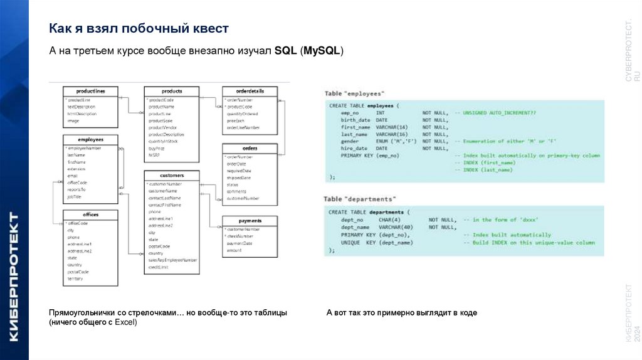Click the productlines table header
tap(90, 92)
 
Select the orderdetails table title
tap(250, 92)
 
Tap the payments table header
tap(250, 221)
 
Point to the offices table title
tap(90, 214)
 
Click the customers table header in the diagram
tap(172, 175)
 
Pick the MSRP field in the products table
tap(155, 154)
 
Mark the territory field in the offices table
tap(76, 279)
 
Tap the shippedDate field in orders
tap(239, 177)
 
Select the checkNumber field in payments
tap(239, 236)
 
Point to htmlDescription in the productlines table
tap(82, 114)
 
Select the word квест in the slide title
tap(210, 29)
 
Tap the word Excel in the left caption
tap(124, 322)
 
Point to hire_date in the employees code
tap(355, 148)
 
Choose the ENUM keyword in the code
tap(383, 141)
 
